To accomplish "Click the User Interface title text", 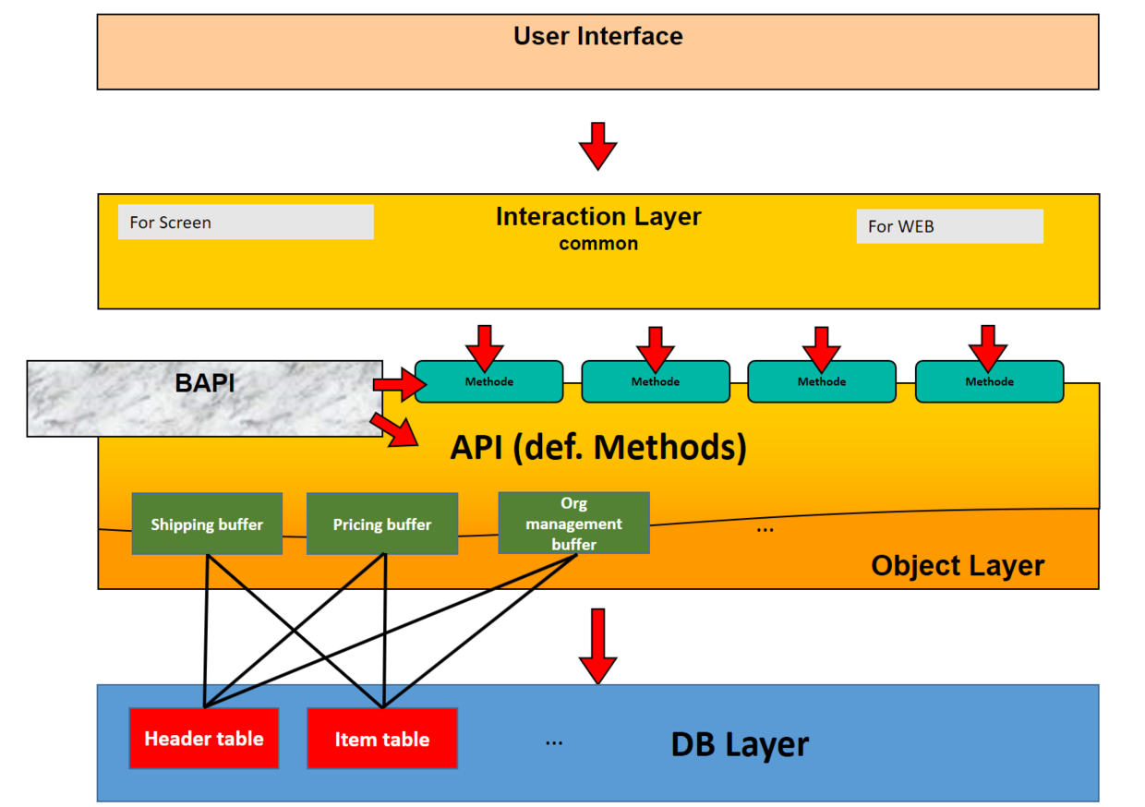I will click(598, 37).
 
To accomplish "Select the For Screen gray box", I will click(246, 223).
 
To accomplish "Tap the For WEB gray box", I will click(949, 226).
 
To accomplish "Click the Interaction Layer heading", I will click(598, 217).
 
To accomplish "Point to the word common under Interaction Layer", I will click(598, 244).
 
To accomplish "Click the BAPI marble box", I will click(204, 398).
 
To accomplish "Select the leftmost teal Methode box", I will click(488, 381).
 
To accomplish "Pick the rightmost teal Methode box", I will click(989, 381).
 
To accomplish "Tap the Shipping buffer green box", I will click(207, 524).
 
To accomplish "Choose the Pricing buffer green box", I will click(382, 524).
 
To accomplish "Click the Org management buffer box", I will click(573, 524).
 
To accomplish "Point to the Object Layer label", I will click(958, 565).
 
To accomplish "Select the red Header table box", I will click(204, 739).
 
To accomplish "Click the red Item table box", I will click(382, 739).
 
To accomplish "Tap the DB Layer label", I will click(740, 744).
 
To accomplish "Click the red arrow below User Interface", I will click(597, 145).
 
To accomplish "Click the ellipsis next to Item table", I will click(554, 741).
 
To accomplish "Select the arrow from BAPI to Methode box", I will click(393, 383).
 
